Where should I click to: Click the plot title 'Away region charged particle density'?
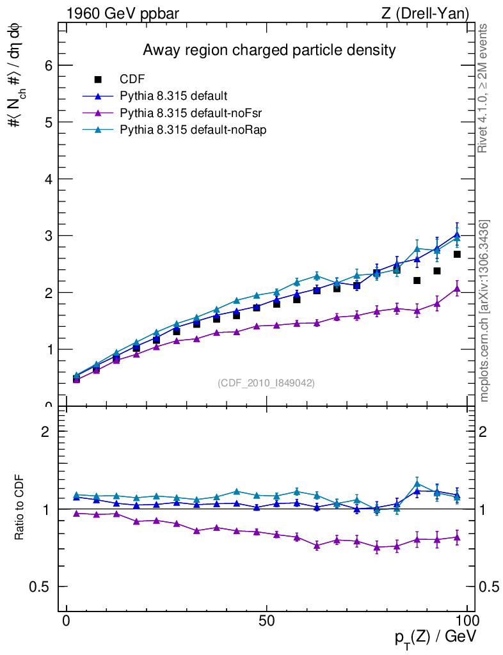point(269,50)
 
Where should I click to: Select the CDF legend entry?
point(132,79)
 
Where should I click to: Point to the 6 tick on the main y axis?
point(47,65)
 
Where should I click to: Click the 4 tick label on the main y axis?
point(47,179)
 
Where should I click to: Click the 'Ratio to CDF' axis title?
point(20,509)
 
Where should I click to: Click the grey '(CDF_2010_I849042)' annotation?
point(266,383)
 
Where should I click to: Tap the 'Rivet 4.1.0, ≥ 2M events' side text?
point(483,88)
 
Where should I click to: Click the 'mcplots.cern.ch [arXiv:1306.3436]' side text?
point(484,311)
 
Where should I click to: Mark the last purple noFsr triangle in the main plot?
point(457,289)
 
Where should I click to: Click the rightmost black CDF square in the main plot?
point(457,255)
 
